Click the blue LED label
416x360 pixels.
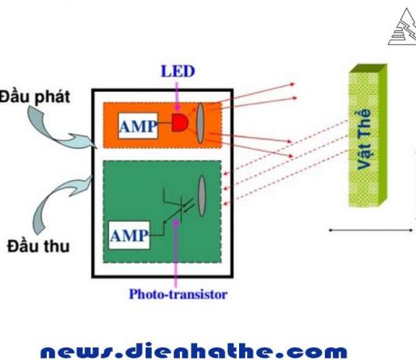178,71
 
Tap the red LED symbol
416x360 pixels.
180,122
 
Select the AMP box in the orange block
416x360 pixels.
138,125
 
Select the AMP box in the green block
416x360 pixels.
129,235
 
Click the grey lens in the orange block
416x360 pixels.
200,123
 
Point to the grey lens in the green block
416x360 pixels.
202,196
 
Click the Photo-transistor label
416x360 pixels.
178,295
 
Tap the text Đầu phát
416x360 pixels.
35,97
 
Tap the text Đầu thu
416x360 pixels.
38,246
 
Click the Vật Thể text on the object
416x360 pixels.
364,139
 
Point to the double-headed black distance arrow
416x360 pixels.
371,231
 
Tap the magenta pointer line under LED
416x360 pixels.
177,96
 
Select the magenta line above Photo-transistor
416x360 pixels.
175,253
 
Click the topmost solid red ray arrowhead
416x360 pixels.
292,84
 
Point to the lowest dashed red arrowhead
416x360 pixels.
225,203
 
